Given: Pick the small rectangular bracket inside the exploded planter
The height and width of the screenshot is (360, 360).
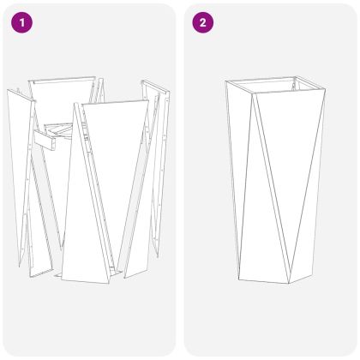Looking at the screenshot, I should pos(46,140).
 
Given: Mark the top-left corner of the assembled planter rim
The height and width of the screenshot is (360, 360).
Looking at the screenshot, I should pos(225,81).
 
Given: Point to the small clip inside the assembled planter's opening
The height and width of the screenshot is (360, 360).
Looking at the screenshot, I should pos(295,85).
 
